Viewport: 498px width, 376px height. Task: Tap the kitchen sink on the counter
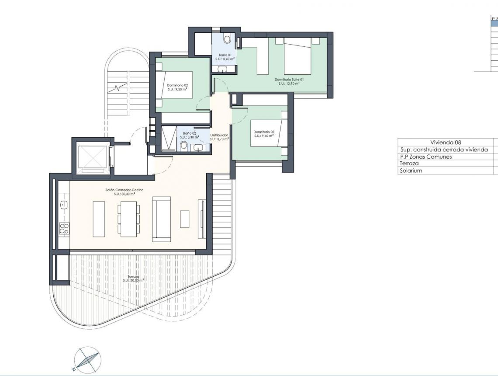tap(64, 204)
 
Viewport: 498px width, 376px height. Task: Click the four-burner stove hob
tap(64, 229)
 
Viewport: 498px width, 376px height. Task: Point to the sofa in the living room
tap(161, 219)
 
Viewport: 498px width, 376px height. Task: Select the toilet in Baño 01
tap(227, 39)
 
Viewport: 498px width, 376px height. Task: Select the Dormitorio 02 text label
tap(177, 86)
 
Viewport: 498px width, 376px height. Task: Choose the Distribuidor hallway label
tap(220, 135)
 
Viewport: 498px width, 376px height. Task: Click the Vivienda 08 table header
tap(446, 142)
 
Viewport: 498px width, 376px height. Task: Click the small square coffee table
tap(185, 219)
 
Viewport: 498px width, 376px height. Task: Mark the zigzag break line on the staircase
tap(117, 87)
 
